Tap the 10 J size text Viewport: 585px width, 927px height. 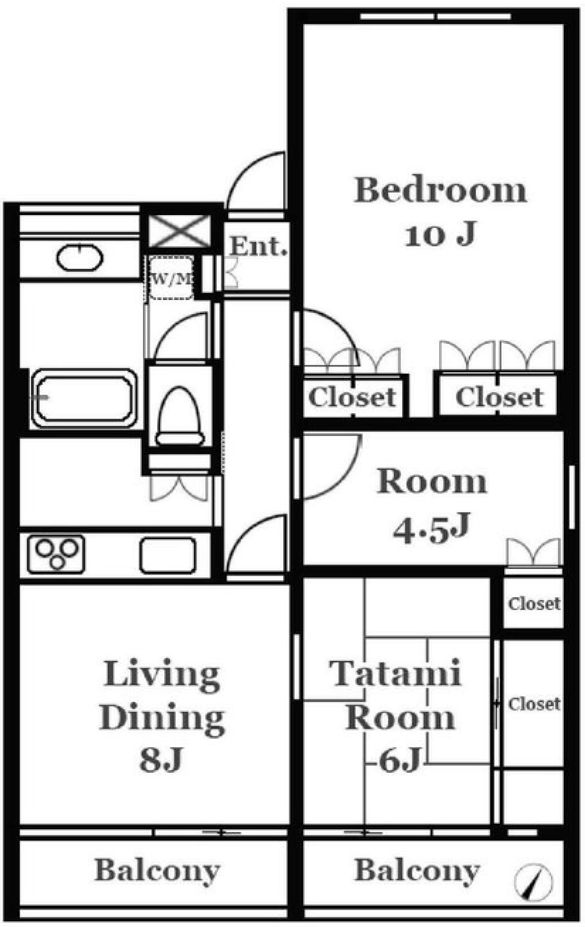441,234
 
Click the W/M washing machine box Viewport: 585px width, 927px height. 171,278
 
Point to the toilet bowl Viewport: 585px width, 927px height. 180,416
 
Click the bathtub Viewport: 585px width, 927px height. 85,398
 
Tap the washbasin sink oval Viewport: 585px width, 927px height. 80,258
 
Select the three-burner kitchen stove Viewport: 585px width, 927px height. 56,554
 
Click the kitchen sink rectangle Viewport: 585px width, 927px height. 168,555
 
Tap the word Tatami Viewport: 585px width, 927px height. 395,674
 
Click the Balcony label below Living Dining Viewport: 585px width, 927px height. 157,871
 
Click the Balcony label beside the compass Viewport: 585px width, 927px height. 417,871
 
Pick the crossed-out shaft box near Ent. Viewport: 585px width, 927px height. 180,232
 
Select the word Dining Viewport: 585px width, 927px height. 162,717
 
